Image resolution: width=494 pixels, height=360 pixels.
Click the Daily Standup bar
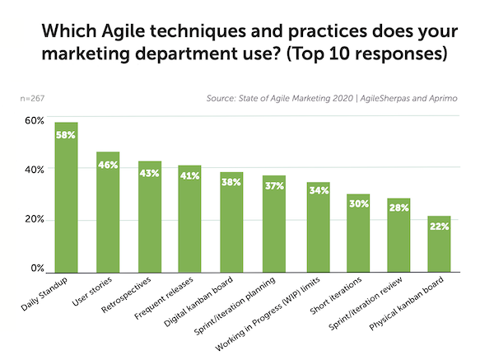tap(66, 198)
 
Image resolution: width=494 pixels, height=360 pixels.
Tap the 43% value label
tap(150, 173)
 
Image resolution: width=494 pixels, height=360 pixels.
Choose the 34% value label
tap(317, 191)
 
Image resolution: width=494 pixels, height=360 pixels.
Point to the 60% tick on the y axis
tap(34, 120)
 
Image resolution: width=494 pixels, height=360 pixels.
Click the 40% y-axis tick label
tap(34, 170)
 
